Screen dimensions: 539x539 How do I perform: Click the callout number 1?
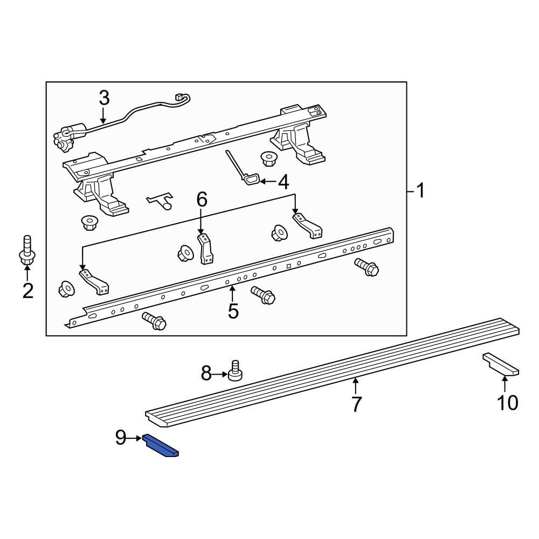coord(419,190)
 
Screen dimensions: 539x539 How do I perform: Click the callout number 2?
coord(27,291)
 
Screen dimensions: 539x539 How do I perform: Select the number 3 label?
coord(104,98)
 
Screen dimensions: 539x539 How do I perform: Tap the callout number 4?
coord(284,182)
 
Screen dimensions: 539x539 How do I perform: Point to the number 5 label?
coord(233,311)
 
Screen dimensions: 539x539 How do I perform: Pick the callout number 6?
coord(201,200)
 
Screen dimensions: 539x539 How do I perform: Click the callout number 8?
coord(206,373)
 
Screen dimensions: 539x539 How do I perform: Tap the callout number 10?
coord(507,402)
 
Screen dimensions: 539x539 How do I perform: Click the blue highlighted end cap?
coord(160,446)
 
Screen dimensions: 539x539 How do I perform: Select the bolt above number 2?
coord(27,251)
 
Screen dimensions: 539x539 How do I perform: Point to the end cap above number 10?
coord(501,364)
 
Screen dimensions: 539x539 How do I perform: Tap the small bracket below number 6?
coord(206,248)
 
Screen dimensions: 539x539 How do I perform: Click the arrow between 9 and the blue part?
coord(136,438)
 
